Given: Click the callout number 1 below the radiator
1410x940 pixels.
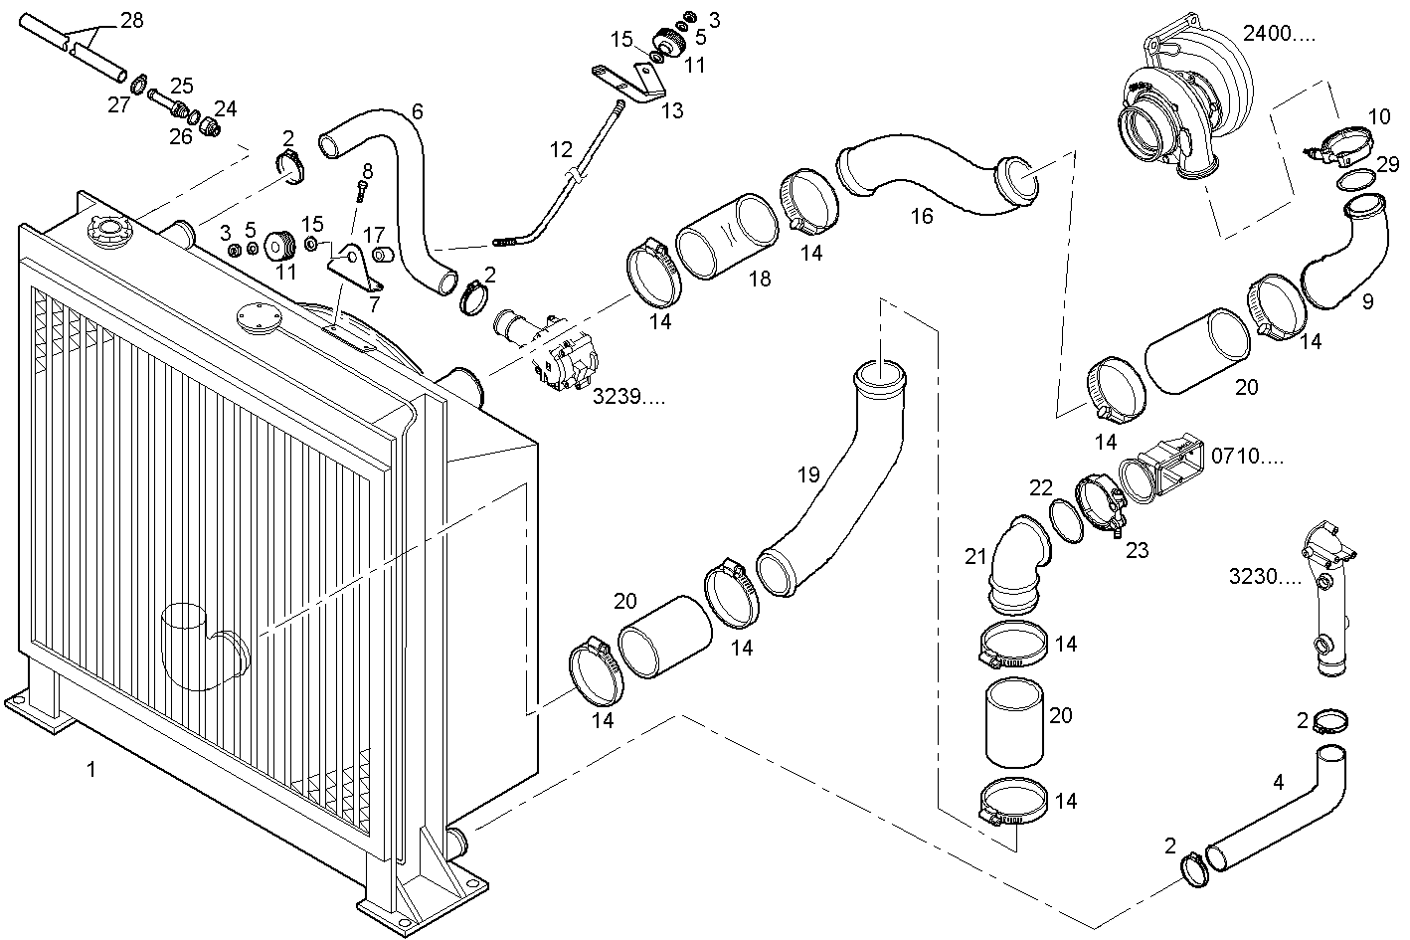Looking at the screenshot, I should tap(90, 769).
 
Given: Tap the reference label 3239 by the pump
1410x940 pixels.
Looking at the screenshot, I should tap(628, 397).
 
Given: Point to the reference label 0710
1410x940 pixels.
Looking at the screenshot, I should tap(1247, 457).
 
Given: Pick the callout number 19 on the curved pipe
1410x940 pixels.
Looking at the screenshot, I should tap(808, 475).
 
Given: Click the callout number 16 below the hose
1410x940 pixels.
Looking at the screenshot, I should tap(922, 215).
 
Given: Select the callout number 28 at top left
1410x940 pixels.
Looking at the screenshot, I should tap(131, 20).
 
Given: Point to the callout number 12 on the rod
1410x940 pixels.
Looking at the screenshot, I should tap(561, 150).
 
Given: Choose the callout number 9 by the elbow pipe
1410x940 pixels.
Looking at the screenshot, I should tap(1367, 301).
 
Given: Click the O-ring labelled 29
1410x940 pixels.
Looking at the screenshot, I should tap(1355, 180).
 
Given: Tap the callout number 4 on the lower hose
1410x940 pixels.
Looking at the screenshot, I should tap(1279, 783).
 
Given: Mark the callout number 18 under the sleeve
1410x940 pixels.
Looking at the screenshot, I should tap(760, 280).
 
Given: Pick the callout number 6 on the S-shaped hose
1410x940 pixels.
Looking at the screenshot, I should tap(417, 111).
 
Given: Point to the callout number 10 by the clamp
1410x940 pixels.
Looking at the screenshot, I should tap(1378, 116).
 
